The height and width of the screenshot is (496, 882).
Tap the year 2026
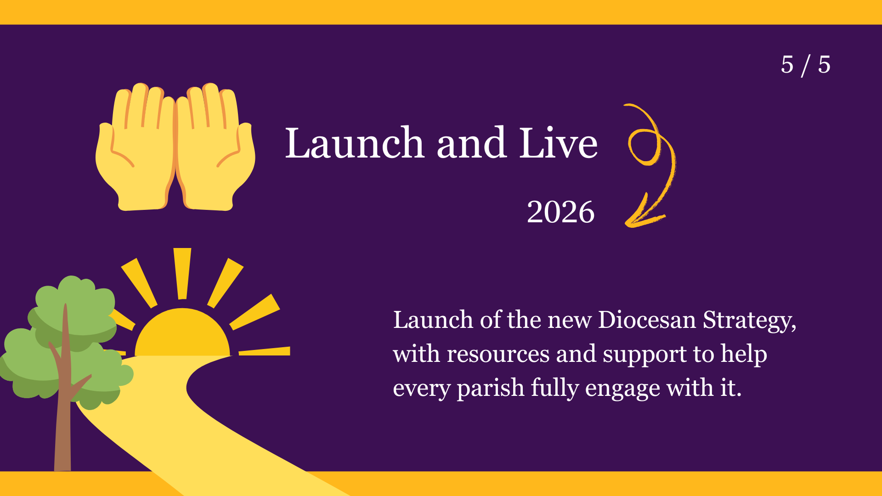(x=560, y=212)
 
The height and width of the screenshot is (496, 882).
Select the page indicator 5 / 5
(x=805, y=65)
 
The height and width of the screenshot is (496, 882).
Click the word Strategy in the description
(x=747, y=321)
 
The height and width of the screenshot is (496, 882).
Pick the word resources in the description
(x=498, y=354)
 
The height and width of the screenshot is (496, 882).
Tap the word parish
(x=491, y=389)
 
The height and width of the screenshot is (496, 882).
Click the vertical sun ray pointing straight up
(x=182, y=274)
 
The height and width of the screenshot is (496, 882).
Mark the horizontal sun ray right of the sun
(x=265, y=351)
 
